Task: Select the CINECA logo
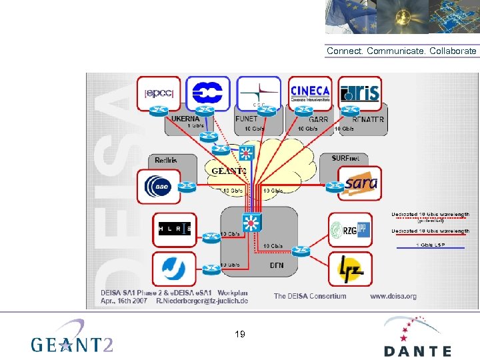[x=310, y=92]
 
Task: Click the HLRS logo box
[x=175, y=229]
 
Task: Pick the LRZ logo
[x=350, y=268]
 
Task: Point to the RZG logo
[x=350, y=230]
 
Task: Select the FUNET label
[x=247, y=119]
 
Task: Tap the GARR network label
[x=319, y=119]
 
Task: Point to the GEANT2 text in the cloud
[x=229, y=171]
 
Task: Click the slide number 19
[x=240, y=333]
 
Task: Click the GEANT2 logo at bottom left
[x=72, y=338]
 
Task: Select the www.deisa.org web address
[x=393, y=296]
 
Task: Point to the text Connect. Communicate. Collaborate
[x=401, y=51]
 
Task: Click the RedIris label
[x=165, y=160]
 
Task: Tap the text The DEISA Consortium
[x=310, y=296]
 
